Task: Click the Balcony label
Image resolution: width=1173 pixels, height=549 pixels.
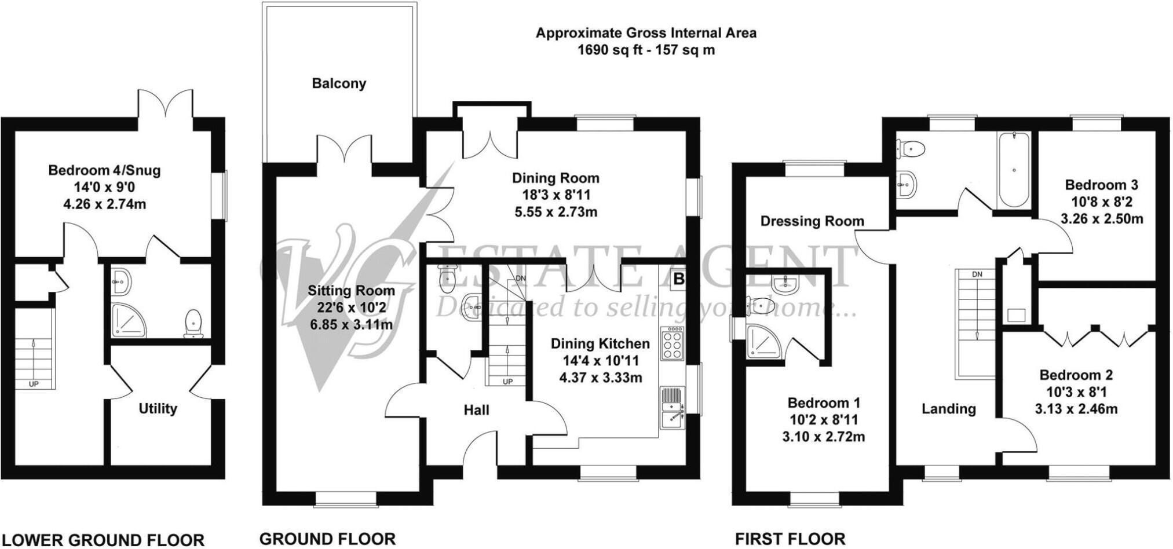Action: pyautogui.click(x=339, y=83)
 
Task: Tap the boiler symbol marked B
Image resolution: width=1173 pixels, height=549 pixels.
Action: pyautogui.click(x=678, y=280)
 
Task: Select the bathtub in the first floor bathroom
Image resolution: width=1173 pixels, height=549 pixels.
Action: pyautogui.click(x=1013, y=170)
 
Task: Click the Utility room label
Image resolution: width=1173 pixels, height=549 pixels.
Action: pyautogui.click(x=158, y=409)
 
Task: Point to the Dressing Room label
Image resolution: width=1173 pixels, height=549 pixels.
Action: pyautogui.click(x=812, y=221)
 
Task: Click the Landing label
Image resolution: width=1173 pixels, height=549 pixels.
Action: pyautogui.click(x=948, y=409)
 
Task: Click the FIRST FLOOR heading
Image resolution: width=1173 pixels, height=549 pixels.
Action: pyautogui.click(x=790, y=539)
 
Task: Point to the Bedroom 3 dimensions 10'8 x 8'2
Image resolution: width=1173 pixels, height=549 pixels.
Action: pyautogui.click(x=1101, y=202)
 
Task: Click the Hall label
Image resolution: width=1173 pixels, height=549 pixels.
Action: pyautogui.click(x=476, y=411)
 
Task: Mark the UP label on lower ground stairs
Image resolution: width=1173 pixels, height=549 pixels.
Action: pyautogui.click(x=34, y=384)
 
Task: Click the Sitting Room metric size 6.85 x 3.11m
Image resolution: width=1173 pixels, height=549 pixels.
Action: pyautogui.click(x=351, y=325)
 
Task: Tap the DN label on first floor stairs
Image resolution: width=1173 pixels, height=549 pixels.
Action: pyautogui.click(x=977, y=274)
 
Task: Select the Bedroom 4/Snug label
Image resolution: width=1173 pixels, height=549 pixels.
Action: pyautogui.click(x=104, y=171)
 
